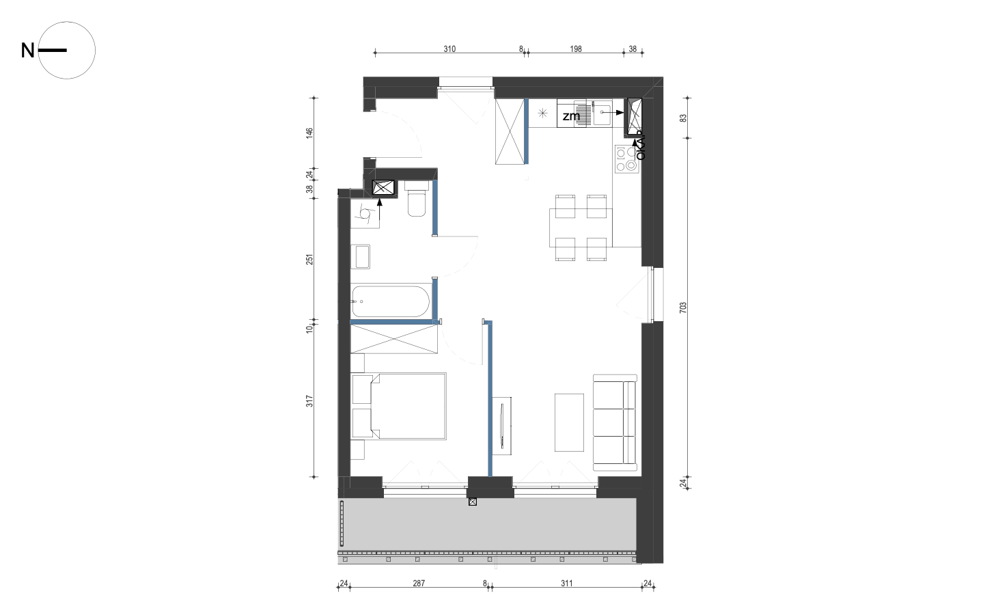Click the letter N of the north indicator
[27, 51]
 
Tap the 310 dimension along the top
[449, 49]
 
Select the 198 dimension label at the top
[576, 49]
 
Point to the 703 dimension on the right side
[683, 307]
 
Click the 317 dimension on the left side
[309, 400]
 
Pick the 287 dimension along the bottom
[419, 584]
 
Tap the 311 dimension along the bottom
[567, 584]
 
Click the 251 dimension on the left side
[309, 259]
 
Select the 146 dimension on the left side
[309, 133]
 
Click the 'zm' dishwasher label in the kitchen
[571, 116]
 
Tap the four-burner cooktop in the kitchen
[627, 159]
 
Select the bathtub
[391, 301]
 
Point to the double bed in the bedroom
[399, 406]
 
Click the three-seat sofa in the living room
[615, 422]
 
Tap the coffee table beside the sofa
[569, 422]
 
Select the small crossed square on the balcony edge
[473, 502]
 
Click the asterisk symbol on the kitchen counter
[542, 113]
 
